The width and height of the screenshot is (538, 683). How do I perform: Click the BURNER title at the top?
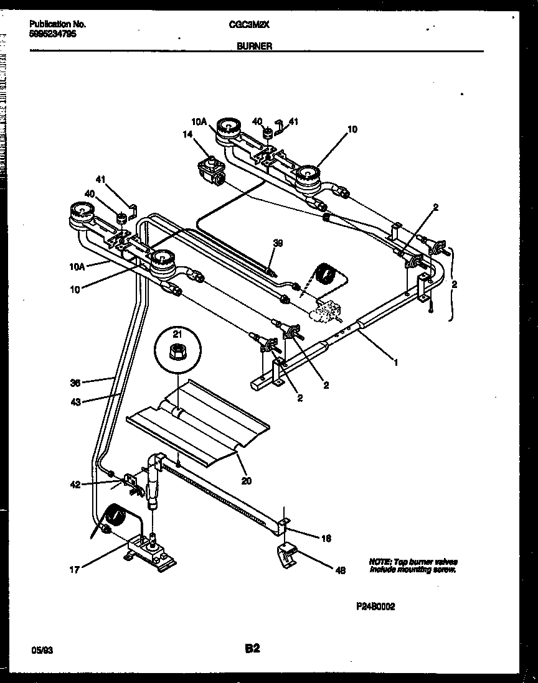click(254, 46)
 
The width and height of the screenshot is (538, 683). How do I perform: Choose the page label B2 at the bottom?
click(252, 649)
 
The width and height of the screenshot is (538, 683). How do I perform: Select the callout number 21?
click(177, 335)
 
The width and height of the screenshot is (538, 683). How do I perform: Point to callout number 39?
click(278, 243)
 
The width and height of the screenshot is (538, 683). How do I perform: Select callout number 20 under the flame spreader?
click(247, 480)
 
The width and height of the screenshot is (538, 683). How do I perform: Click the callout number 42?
click(75, 485)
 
